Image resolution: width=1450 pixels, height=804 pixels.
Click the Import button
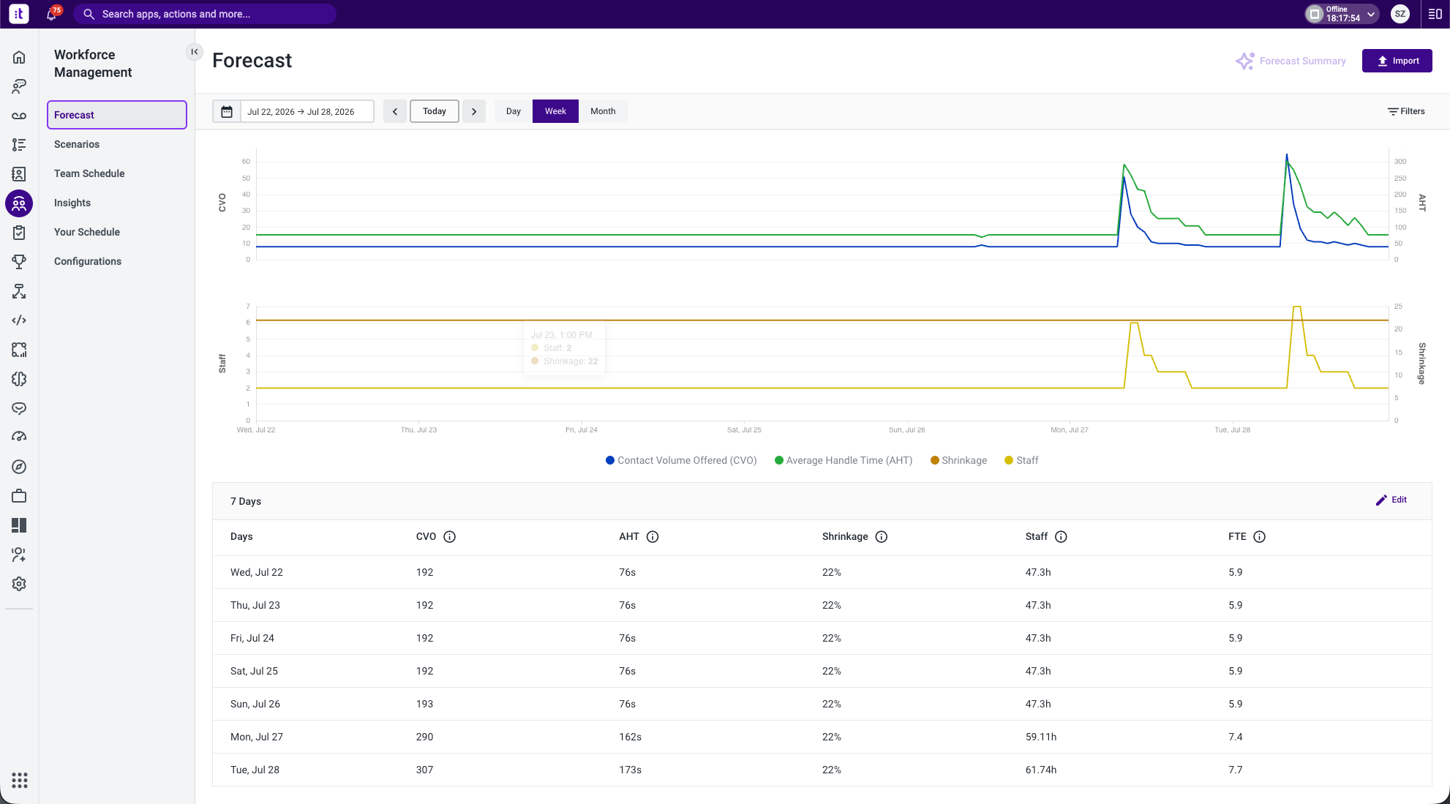1397,61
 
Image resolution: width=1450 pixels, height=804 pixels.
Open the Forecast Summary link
1291,61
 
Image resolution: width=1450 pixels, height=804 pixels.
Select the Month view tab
603,111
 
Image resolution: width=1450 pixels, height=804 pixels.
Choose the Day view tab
513,111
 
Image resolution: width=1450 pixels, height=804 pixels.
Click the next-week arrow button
474,111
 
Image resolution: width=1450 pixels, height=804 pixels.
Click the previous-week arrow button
395,111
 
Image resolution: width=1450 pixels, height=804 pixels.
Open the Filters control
1406,111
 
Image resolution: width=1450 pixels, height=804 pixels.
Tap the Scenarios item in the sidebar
77,144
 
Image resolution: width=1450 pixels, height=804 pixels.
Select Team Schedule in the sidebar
89,173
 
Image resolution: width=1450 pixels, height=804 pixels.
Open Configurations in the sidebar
88,261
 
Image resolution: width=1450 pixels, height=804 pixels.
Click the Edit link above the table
1391,500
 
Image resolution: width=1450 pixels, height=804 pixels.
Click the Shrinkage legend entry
958,460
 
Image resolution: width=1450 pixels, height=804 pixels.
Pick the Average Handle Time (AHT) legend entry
844,460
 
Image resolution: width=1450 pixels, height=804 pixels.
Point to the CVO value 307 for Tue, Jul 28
424,770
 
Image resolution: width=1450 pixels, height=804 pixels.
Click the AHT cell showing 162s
630,737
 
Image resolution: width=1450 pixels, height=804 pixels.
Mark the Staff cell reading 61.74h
1040,770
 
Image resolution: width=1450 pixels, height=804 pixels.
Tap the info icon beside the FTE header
1259,537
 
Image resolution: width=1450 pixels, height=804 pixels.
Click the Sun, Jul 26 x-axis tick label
906,429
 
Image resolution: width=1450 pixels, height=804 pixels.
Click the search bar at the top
205,14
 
